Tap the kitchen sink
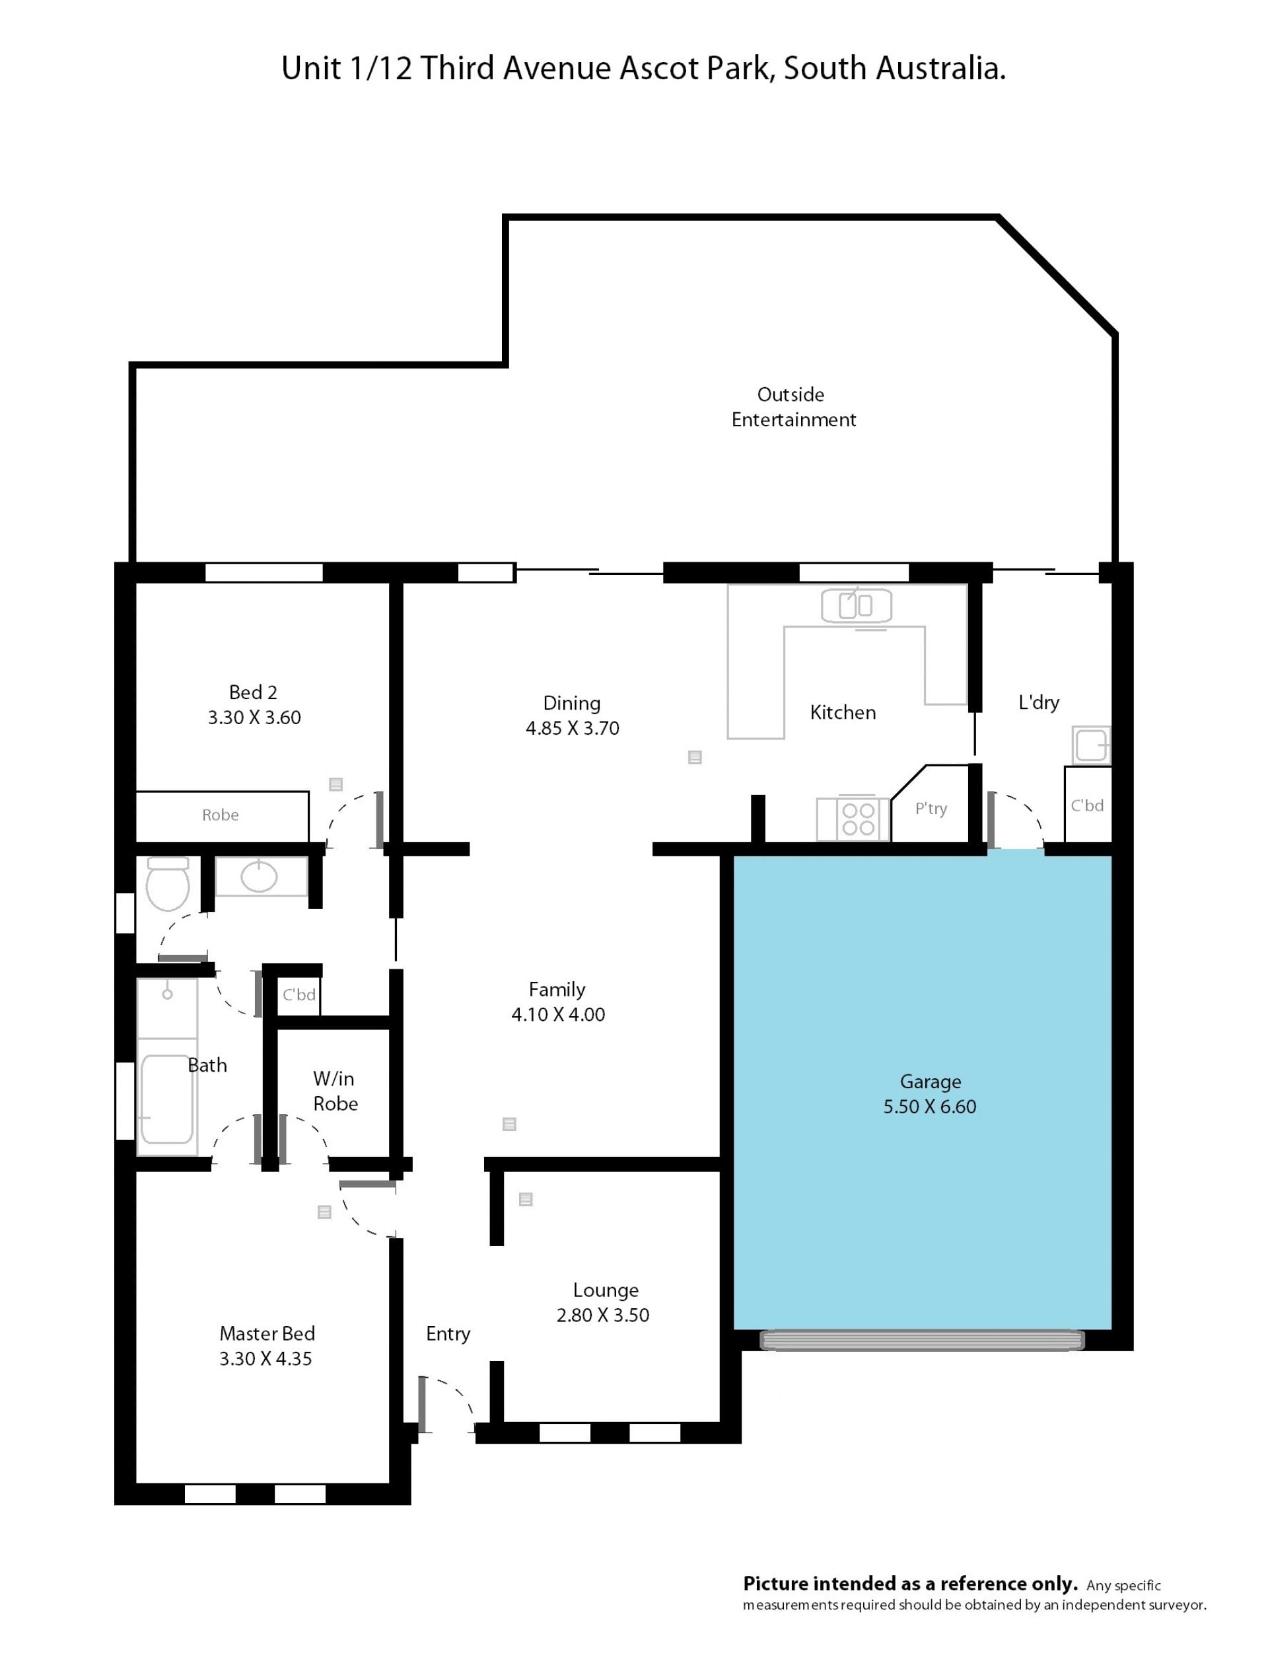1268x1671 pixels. pos(857,606)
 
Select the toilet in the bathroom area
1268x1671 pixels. pos(168,885)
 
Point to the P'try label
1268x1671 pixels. pos(931,809)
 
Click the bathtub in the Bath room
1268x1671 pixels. pos(167,1099)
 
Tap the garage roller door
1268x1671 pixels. pos(922,1340)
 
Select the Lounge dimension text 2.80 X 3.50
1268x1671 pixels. pos(603,1316)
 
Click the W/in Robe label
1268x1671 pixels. pos(335,1091)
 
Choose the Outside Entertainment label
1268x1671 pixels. pos(793,407)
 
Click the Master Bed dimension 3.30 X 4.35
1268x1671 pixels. pos(265,1359)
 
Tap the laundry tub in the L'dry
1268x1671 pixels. pos(1091,745)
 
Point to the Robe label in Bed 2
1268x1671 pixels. pos(220,815)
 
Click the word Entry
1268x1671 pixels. pos(448,1335)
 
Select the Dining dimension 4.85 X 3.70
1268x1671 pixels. pos(573,728)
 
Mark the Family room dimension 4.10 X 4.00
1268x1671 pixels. pos(558,1014)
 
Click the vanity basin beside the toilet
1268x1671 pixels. pos(259,876)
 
